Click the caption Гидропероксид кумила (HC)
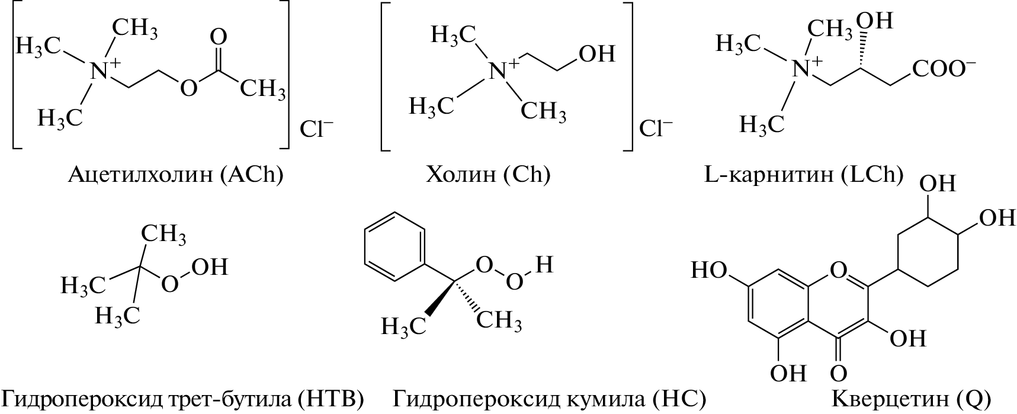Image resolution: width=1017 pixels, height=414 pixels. [549, 398]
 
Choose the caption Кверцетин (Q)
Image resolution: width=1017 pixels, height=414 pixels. [912, 398]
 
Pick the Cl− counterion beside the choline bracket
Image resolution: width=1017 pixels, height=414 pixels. [656, 129]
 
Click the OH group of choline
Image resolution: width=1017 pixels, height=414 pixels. [596, 54]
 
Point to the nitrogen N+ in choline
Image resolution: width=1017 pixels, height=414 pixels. [501, 70]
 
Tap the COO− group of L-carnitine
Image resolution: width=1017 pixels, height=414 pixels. [944, 69]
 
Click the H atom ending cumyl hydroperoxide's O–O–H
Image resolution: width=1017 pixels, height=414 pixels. [544, 264]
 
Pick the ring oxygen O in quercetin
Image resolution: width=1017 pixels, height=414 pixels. [838, 271]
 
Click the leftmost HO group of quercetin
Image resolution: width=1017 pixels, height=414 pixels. [709, 271]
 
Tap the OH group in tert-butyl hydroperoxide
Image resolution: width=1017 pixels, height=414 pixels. [210, 267]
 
